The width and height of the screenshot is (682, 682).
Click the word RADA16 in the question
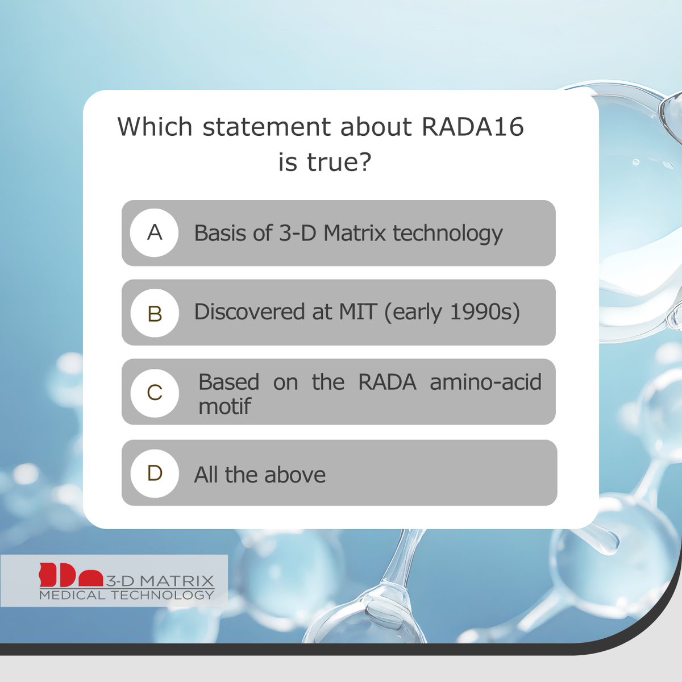click(x=473, y=127)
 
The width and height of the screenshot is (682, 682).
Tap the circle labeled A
click(x=154, y=232)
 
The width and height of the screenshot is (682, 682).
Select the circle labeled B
click(x=154, y=313)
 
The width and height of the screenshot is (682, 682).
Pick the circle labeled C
click(x=154, y=392)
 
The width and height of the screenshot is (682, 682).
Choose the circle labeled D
click(x=154, y=473)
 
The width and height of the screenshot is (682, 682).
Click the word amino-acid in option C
click(x=485, y=381)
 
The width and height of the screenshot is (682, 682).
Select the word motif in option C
click(x=224, y=406)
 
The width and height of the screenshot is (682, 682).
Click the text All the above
click(x=260, y=475)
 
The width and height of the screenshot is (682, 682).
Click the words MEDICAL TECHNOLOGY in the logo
click(x=126, y=595)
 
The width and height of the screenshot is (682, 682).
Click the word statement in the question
click(x=268, y=127)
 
